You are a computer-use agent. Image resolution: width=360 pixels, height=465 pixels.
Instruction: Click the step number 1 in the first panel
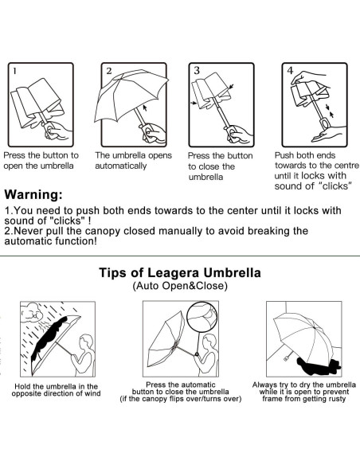point(15,71)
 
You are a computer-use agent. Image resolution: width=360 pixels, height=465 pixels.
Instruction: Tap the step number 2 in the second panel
point(109,71)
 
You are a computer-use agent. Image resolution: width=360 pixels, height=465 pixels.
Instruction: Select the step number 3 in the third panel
point(197,71)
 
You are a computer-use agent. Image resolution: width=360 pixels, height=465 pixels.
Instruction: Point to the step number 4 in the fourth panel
point(290,70)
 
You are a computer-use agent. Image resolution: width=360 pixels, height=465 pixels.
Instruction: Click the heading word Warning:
point(33,195)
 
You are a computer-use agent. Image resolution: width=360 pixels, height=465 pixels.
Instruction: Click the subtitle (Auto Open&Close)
point(180,286)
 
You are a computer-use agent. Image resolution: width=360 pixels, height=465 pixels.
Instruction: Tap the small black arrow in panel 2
point(145,107)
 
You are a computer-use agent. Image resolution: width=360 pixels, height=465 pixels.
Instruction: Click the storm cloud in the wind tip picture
point(31,313)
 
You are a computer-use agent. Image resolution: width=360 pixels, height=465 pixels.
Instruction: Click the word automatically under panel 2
point(121,166)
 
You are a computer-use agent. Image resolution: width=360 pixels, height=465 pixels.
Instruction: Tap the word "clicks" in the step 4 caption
point(335,186)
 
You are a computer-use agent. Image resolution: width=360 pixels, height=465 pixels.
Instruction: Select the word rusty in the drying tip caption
point(337,399)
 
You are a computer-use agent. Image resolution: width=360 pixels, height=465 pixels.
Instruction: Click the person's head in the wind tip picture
point(86,342)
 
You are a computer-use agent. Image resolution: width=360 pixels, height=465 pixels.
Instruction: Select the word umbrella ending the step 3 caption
point(205,178)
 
